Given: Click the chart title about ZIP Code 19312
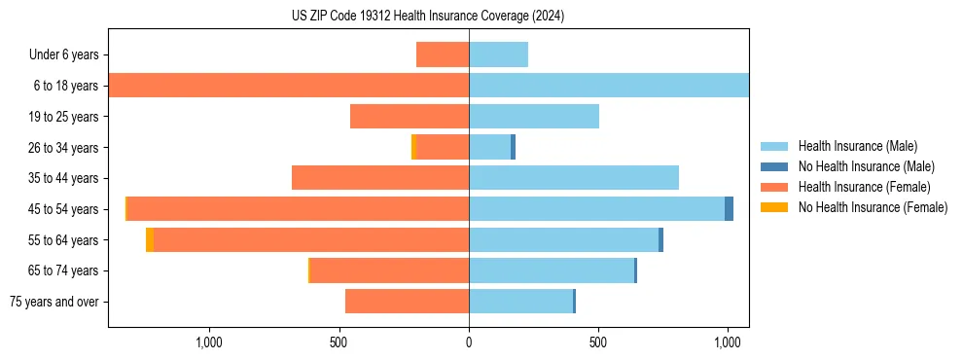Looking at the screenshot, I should tap(428, 17).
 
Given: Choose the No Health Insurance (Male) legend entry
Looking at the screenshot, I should tap(866, 166).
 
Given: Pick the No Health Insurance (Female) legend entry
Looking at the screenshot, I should tap(873, 207).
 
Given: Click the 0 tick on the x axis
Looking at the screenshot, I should tap(469, 342).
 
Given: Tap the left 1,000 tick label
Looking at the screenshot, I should tap(209, 342).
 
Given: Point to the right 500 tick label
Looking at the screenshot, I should tap(598, 342).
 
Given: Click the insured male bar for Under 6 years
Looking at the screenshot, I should tap(498, 54).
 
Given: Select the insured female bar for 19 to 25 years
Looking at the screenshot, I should tap(410, 117).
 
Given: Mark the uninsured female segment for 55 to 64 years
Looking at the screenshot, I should tap(150, 240).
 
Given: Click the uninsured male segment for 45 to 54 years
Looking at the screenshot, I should tap(730, 209).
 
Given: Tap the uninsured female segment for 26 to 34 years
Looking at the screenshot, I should tap(413, 147).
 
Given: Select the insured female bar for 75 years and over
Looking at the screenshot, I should tap(407, 302).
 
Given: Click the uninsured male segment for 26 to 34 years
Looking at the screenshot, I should tap(513, 147).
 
